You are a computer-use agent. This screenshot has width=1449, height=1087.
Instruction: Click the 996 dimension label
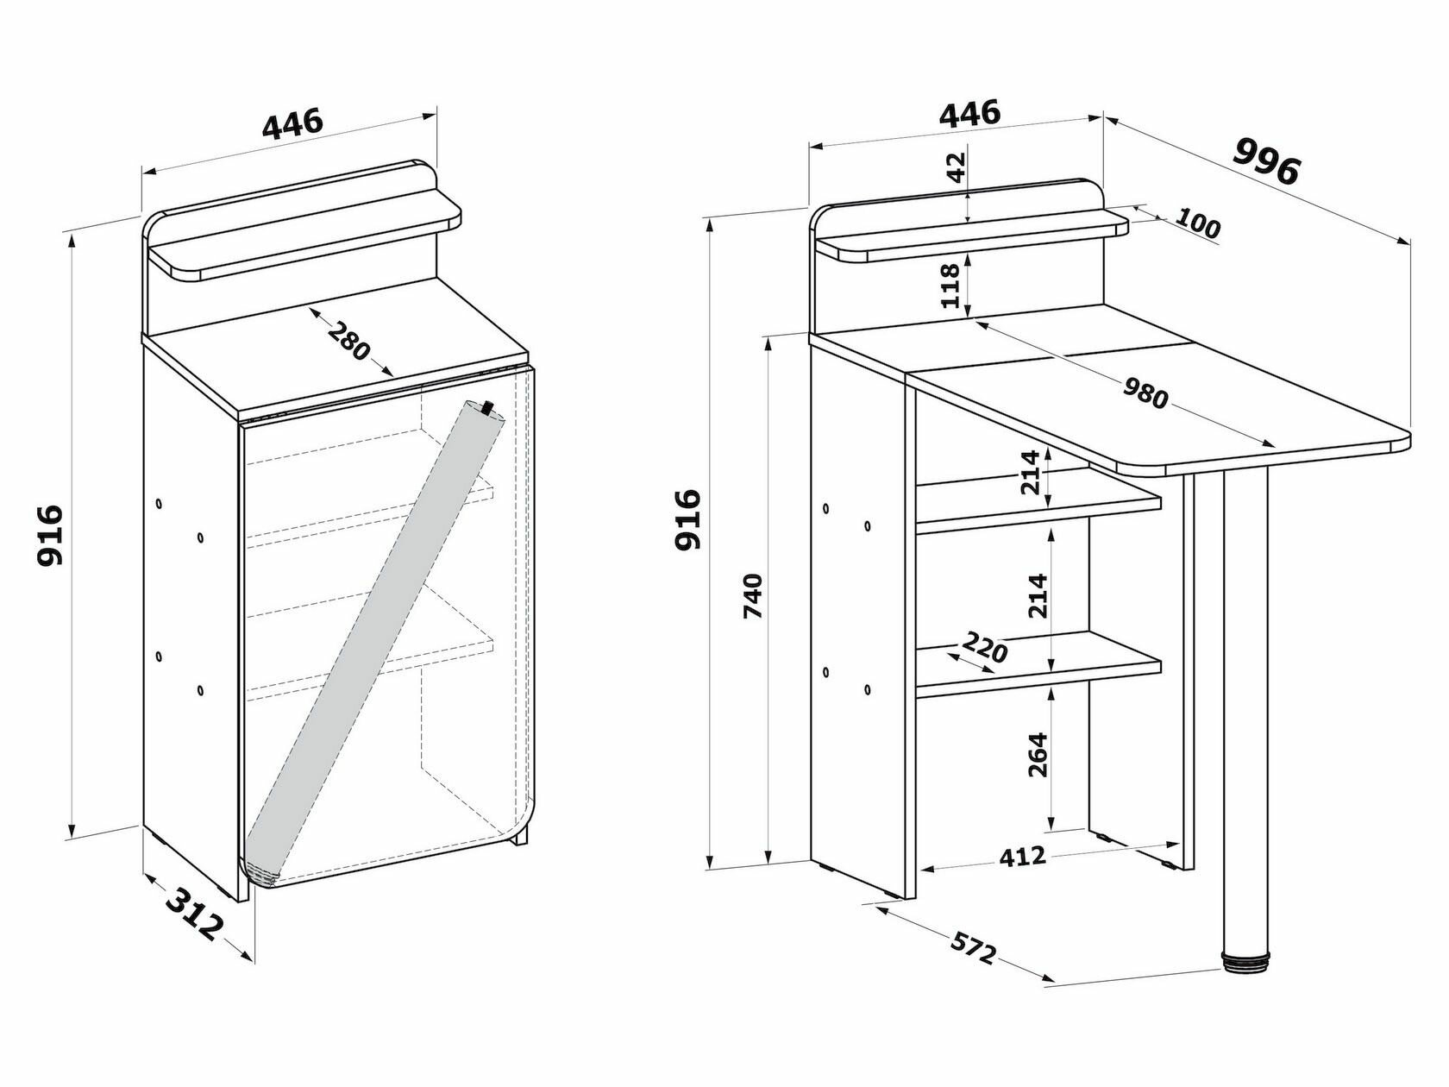[1265, 160]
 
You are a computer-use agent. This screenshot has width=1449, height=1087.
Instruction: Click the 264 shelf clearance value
[1037, 754]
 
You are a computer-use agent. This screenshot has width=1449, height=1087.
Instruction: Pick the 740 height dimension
[753, 595]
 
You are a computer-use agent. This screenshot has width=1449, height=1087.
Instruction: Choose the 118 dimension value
[950, 286]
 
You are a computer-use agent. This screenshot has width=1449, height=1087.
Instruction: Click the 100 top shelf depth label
[1197, 225]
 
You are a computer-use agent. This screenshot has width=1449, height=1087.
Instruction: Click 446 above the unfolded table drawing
[969, 112]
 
